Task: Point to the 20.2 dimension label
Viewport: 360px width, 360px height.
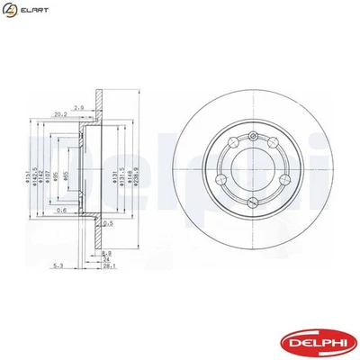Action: point(61,114)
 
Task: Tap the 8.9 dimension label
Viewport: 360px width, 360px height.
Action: point(106,253)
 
